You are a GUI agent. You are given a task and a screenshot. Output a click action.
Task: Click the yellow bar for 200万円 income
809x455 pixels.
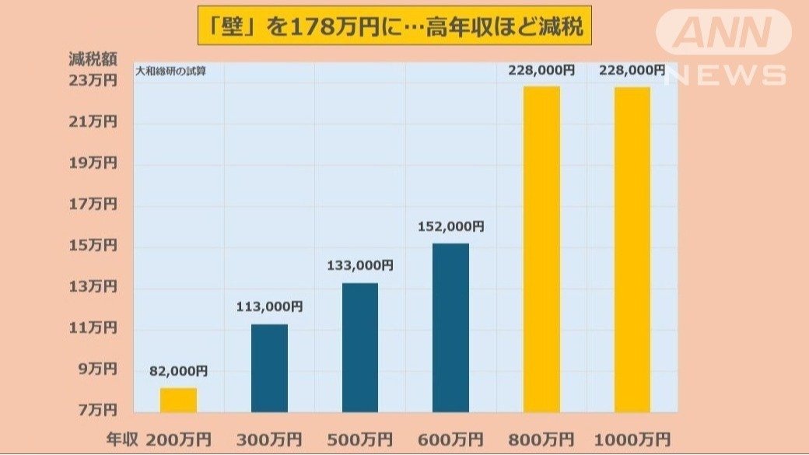178,400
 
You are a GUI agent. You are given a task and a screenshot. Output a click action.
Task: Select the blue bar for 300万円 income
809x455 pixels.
269,368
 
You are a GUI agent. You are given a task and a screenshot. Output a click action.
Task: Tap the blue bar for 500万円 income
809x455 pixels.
359,347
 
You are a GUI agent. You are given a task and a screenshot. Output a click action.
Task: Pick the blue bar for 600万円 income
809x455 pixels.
450,327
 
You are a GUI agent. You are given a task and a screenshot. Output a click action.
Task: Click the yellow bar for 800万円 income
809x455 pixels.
541,249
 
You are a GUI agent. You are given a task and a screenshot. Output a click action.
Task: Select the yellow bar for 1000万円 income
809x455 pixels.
632,249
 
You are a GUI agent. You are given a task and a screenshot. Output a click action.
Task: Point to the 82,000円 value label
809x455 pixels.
178,371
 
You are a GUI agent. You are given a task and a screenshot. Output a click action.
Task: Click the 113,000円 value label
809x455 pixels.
269,306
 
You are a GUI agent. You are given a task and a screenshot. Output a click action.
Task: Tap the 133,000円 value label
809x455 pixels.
359,265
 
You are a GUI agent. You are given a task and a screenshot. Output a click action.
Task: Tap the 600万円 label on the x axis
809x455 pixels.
450,438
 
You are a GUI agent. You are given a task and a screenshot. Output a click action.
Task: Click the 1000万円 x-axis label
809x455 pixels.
632,438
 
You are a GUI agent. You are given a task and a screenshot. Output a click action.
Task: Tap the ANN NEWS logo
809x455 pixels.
723,47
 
